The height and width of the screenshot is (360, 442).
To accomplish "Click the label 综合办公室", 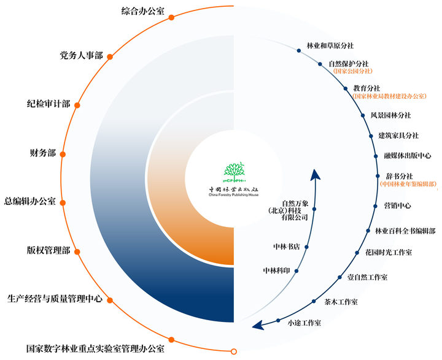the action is pyautogui.click(x=142, y=12).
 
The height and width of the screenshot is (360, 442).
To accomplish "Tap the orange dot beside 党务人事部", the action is pyautogui.click(x=110, y=56).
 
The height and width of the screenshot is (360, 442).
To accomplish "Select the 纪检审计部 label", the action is pyautogui.click(x=48, y=104).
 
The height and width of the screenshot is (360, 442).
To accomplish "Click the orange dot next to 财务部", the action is pyautogui.click(x=63, y=155).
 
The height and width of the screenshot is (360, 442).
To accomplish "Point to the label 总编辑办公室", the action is pyautogui.click(x=29, y=202).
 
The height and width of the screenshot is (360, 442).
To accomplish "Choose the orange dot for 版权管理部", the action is pyautogui.click(x=77, y=252).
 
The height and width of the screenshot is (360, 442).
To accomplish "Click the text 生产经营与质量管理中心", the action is pyautogui.click(x=55, y=299).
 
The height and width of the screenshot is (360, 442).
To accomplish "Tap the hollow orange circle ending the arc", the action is pyautogui.click(x=233, y=351).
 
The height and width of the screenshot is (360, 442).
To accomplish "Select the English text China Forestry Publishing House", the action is pyautogui.click(x=234, y=195).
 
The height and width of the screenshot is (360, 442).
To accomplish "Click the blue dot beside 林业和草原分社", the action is pyautogui.click(x=299, y=51).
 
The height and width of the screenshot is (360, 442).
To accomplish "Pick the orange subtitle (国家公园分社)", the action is pyautogui.click(x=352, y=71).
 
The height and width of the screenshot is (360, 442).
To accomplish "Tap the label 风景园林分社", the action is pyautogui.click(x=390, y=115).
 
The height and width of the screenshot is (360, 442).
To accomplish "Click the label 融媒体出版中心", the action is pyautogui.click(x=408, y=156).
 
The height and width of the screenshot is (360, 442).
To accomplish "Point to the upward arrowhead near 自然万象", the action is pyautogui.click(x=315, y=175).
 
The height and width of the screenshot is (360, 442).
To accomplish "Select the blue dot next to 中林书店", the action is pyautogui.click(x=306, y=247).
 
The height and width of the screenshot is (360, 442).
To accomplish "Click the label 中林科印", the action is pyautogui.click(x=276, y=270).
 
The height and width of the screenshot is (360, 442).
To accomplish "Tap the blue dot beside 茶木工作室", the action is pyautogui.click(x=314, y=301).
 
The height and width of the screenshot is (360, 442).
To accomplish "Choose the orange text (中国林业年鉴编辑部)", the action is pyautogui.click(x=408, y=184).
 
